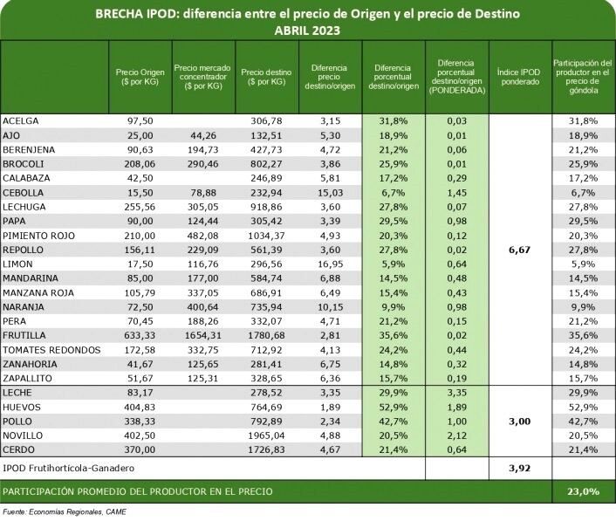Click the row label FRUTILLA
24,335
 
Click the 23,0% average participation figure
582,491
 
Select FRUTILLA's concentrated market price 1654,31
204,335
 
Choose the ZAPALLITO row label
28,378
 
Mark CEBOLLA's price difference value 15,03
329,193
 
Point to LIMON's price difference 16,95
329,264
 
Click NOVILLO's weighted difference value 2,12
456,435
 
